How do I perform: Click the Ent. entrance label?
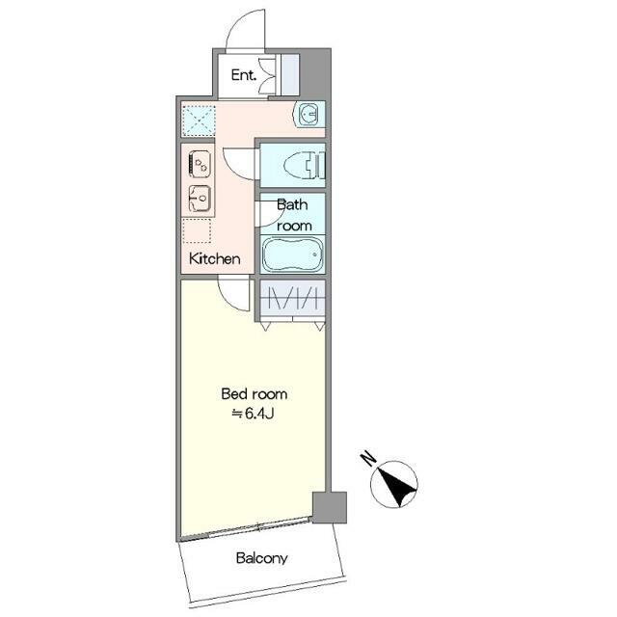pyautogui.click(x=244, y=75)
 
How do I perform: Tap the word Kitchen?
pyautogui.click(x=214, y=258)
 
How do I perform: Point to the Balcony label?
pyautogui.click(x=261, y=558)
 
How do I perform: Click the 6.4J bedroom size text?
pyautogui.click(x=253, y=414)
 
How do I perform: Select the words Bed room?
pyautogui.click(x=255, y=394)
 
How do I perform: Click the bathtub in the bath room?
pyautogui.click(x=292, y=254)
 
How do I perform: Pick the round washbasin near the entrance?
pyautogui.click(x=308, y=115)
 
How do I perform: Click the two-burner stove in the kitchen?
pyautogui.click(x=200, y=163)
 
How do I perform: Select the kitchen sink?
pyautogui.click(x=200, y=199)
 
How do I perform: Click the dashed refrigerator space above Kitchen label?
pyautogui.click(x=197, y=230)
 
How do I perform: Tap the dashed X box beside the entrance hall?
pyautogui.click(x=198, y=120)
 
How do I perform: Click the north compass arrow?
pyautogui.click(x=394, y=484)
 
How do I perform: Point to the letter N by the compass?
pyautogui.click(x=368, y=458)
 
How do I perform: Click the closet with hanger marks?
pyautogui.click(x=292, y=298)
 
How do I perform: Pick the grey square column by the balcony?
pyautogui.click(x=330, y=507)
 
